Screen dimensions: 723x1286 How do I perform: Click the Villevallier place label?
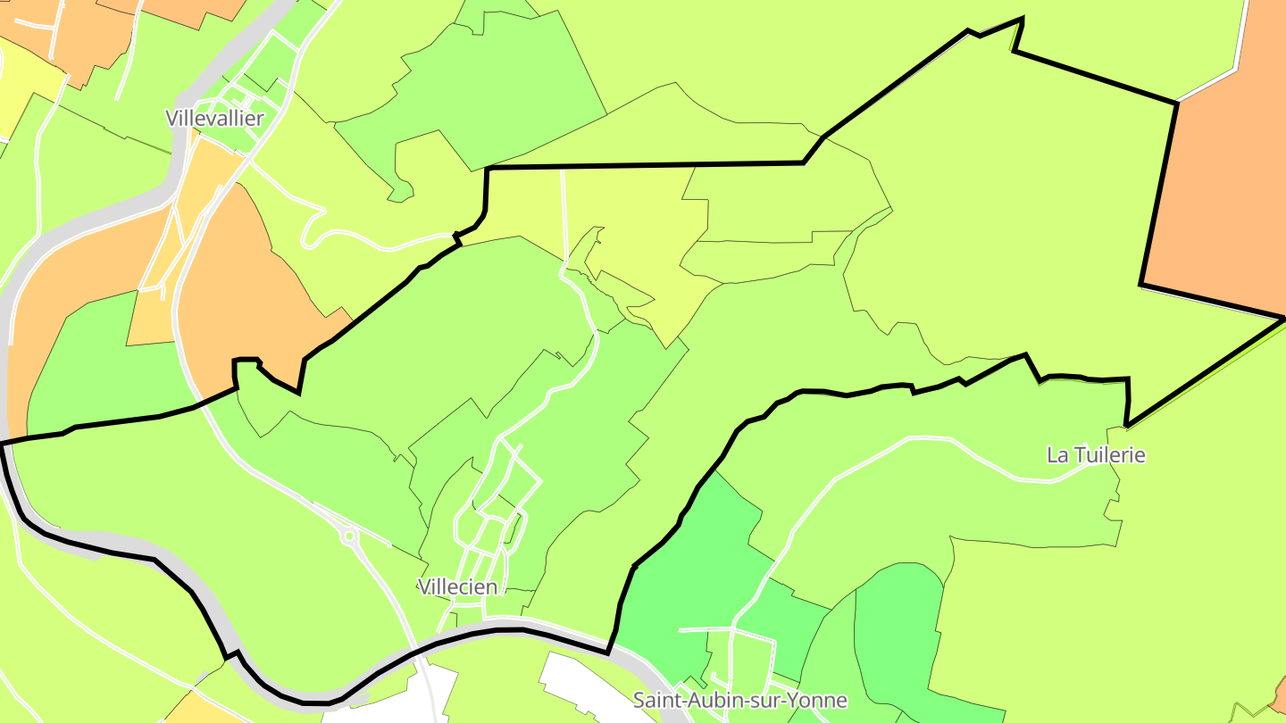click(214, 118)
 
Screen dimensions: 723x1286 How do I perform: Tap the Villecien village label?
click(458, 586)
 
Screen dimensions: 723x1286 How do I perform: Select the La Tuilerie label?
click(1095, 454)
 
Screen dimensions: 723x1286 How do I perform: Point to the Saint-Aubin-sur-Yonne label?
click(739, 700)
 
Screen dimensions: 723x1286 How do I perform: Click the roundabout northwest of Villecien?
click(348, 537)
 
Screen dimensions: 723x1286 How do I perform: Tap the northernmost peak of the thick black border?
click(1021, 19)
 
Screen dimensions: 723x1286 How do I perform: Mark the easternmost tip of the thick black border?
click(1283, 318)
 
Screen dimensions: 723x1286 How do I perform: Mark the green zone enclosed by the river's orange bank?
click(98, 366)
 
